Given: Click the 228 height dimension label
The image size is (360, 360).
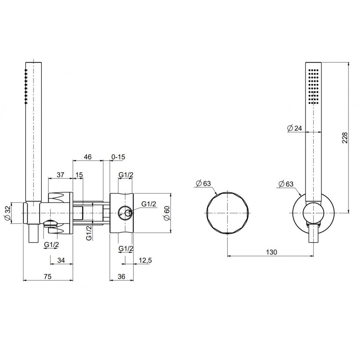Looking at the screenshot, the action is (x=345, y=138).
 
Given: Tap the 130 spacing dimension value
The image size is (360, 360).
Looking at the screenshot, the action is (x=271, y=252).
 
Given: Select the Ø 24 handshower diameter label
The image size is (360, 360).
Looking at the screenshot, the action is (x=295, y=128).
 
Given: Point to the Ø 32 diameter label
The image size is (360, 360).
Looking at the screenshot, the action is (x=8, y=213).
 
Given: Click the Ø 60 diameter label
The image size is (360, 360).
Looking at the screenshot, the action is (x=167, y=213).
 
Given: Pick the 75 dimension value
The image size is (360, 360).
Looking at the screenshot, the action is (x=48, y=276).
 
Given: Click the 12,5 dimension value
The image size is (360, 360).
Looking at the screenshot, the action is (x=145, y=260).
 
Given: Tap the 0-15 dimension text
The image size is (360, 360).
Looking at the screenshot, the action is (x=118, y=157).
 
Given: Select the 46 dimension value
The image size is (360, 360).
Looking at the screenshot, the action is (x=88, y=157).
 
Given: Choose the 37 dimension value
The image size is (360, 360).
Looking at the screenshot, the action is (x=60, y=175).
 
